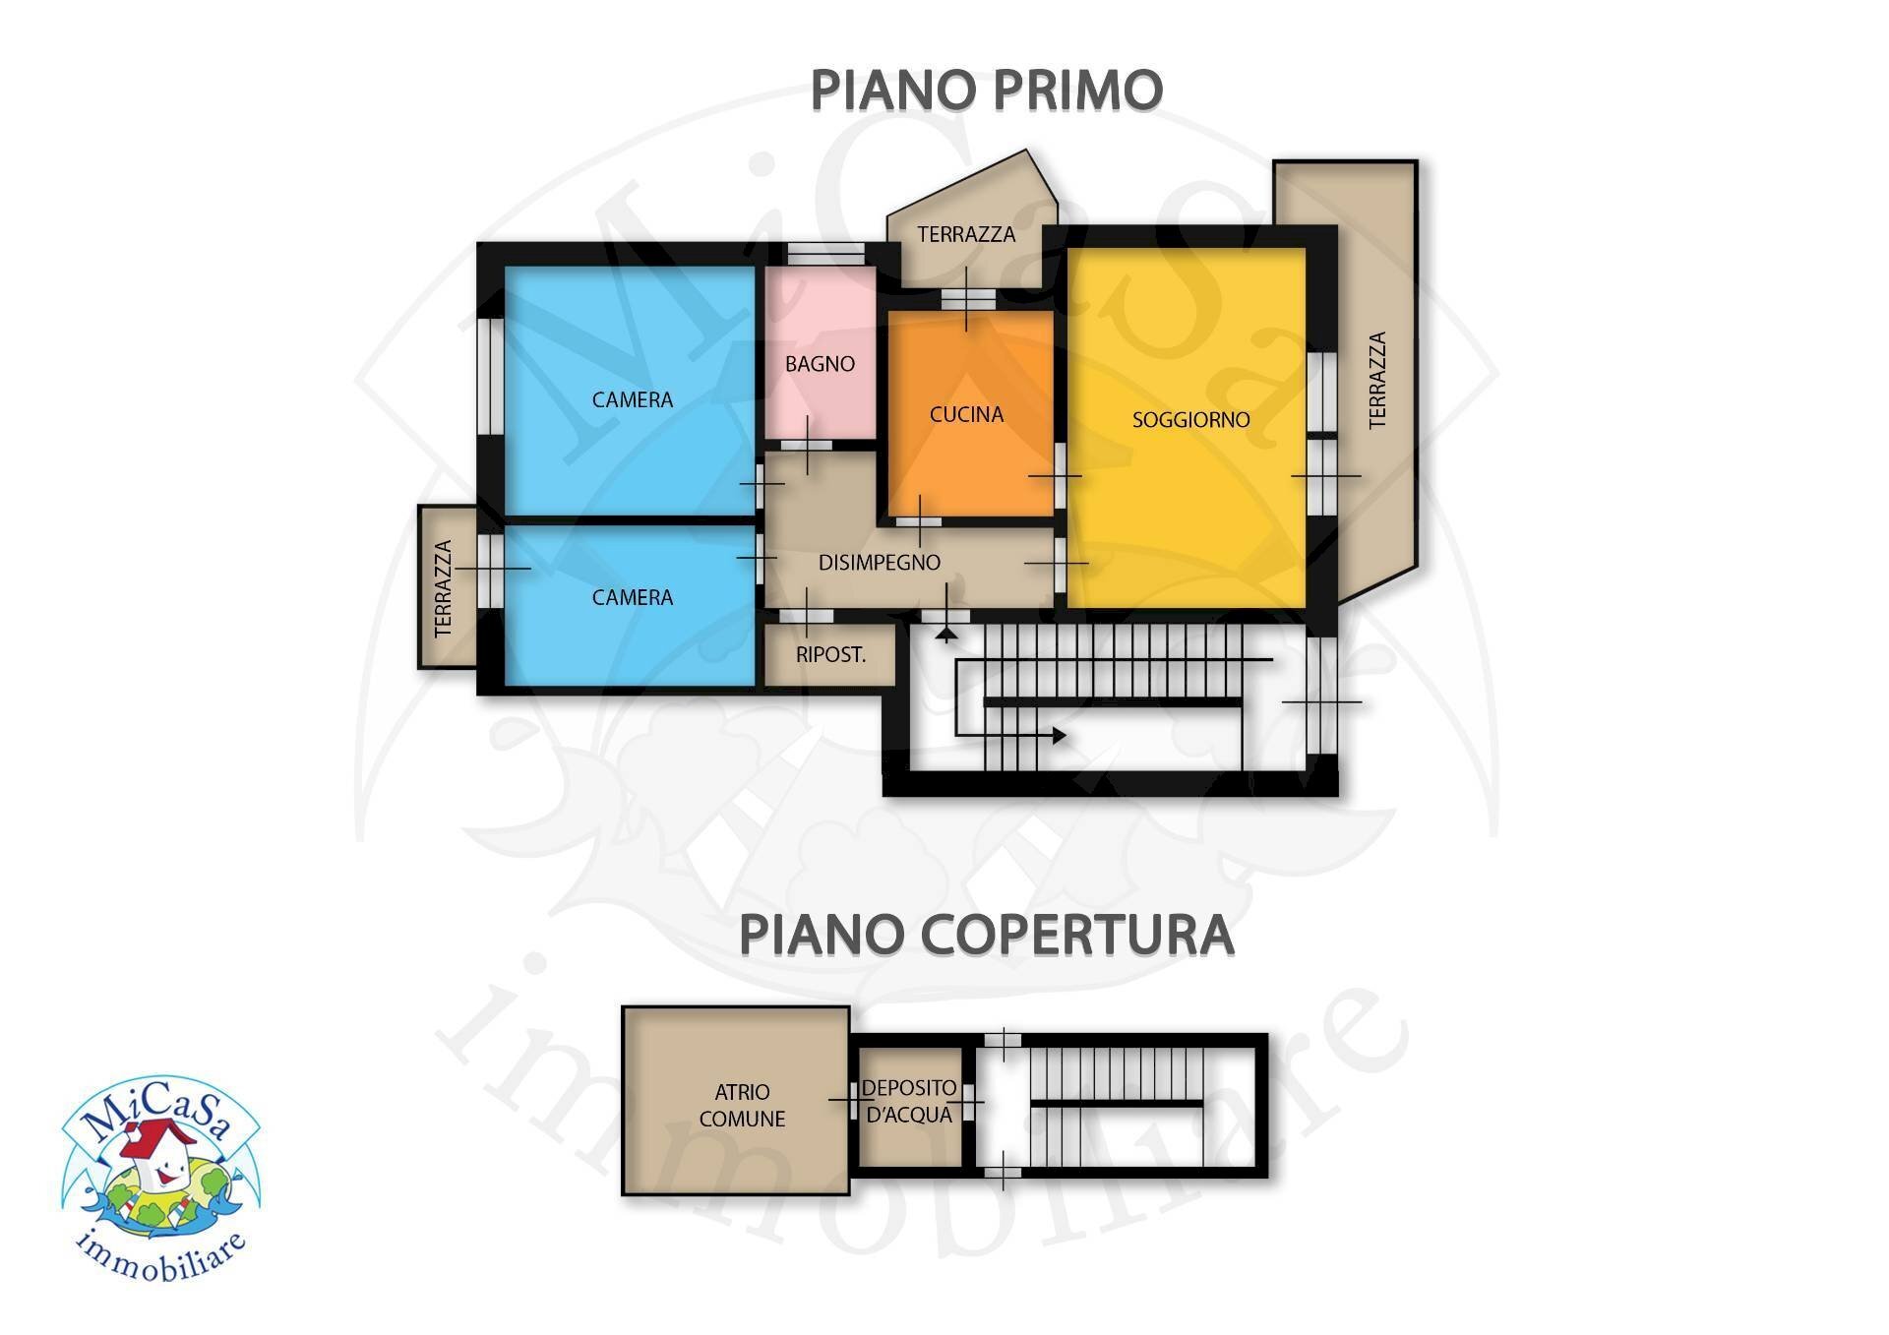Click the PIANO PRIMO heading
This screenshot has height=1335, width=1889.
tap(986, 91)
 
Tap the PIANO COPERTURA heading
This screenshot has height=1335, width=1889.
tap(986, 935)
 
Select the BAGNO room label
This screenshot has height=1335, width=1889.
tap(820, 364)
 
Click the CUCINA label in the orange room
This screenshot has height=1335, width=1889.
tap(966, 415)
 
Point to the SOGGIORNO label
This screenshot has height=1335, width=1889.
tap(1190, 420)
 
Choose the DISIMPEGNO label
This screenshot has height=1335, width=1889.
tap(880, 563)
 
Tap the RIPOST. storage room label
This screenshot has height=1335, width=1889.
tap(830, 655)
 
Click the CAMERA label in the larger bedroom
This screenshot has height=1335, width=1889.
tap(632, 400)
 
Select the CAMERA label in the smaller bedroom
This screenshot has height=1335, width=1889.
tap(632, 598)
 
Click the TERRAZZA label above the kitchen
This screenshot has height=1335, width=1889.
tap(965, 234)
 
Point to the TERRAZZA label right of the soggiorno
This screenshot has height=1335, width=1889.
tap(1377, 380)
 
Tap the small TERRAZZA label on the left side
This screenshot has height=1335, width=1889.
tap(444, 588)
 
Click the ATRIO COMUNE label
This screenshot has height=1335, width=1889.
tap(742, 1105)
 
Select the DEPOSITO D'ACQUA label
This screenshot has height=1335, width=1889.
tap(908, 1101)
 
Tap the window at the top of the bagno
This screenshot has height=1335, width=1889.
tap(825, 254)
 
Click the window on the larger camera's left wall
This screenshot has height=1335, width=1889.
tap(489, 374)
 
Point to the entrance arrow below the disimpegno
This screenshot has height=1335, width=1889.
tap(946, 635)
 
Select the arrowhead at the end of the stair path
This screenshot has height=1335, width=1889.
tap(1059, 735)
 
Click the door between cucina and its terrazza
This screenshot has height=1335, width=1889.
tap(967, 298)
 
